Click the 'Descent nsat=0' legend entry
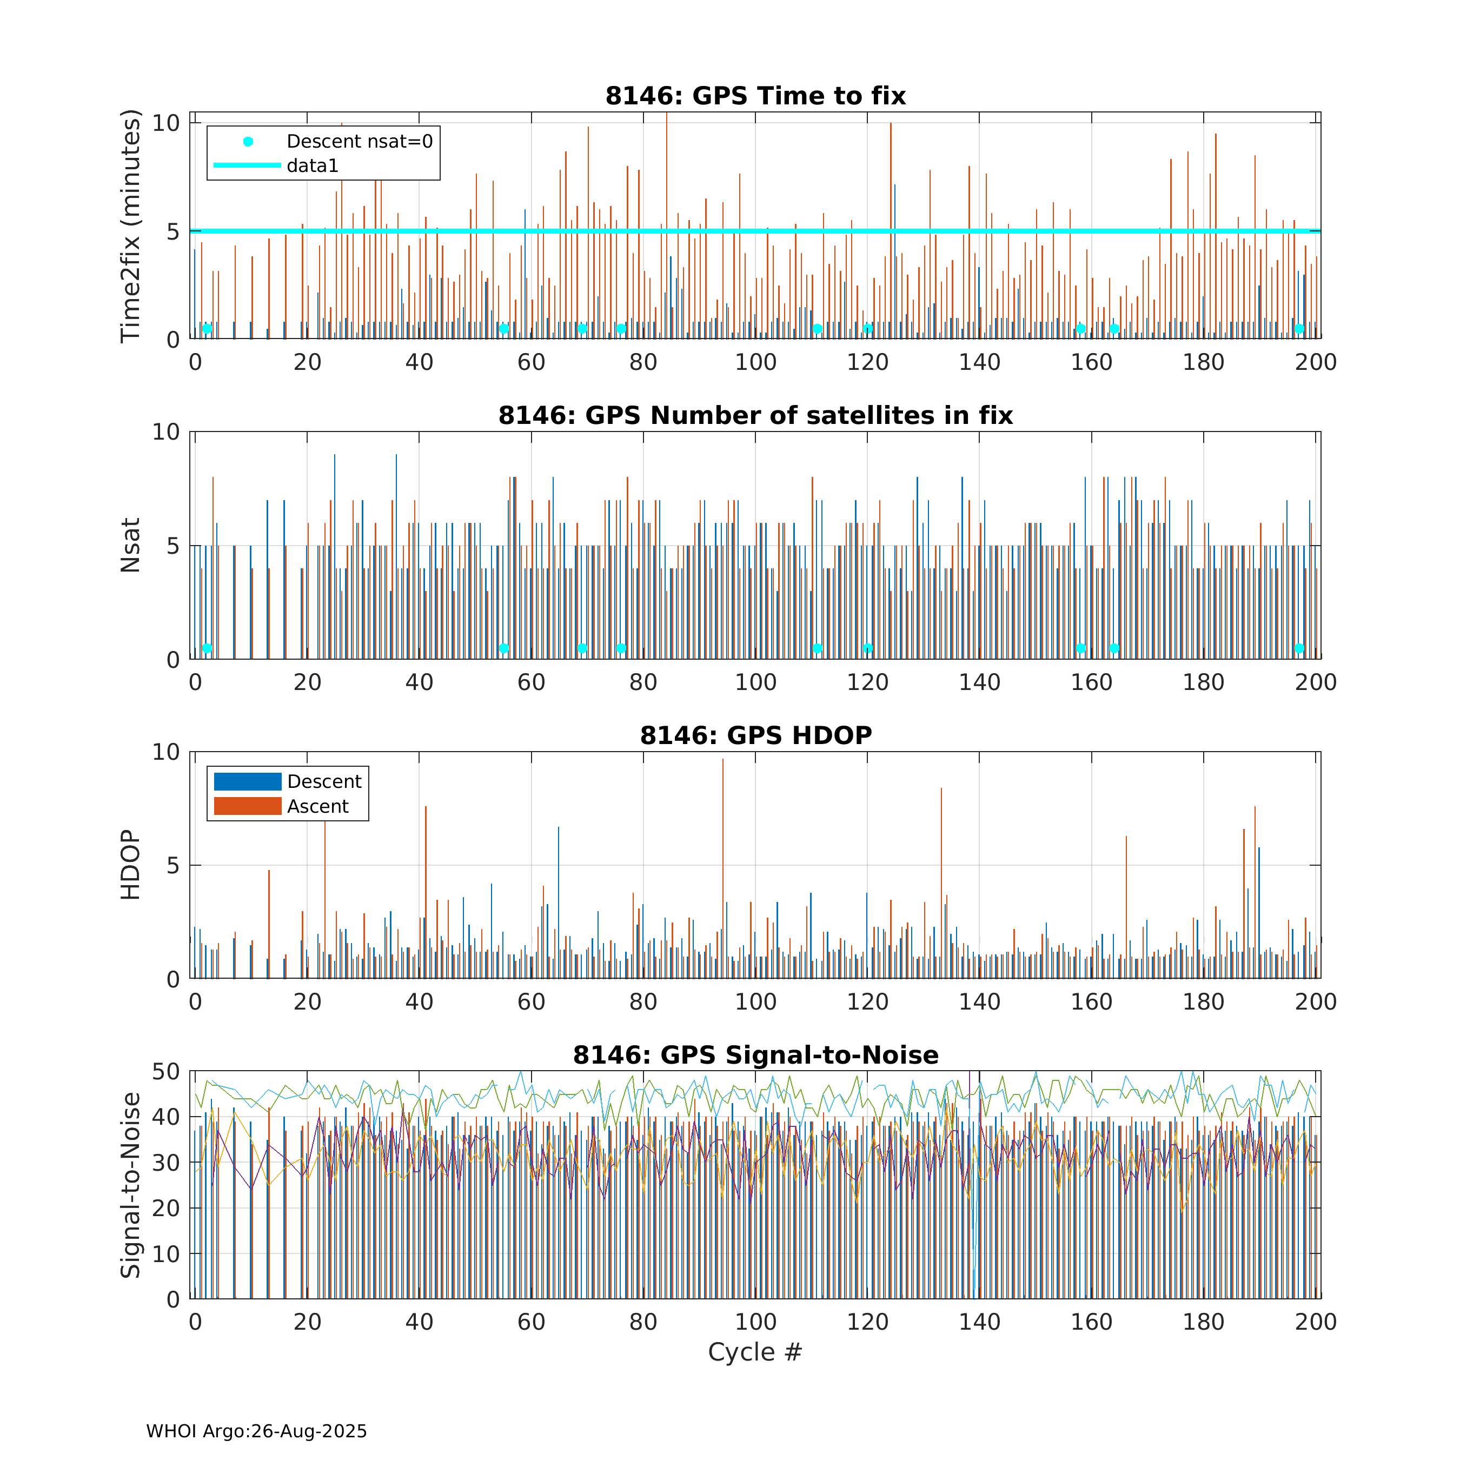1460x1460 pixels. [359, 141]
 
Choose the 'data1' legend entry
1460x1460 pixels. [312, 165]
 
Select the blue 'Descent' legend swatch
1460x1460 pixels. [247, 781]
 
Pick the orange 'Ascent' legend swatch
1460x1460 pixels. [247, 806]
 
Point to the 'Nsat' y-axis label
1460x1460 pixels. [131, 545]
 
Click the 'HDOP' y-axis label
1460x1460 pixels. [131, 865]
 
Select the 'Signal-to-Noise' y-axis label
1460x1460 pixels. [131, 1185]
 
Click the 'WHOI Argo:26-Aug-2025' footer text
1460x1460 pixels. [256, 1431]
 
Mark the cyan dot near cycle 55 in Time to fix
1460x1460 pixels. [503, 329]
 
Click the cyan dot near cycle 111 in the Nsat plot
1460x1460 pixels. [817, 648]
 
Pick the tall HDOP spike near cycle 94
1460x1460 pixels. [722, 763]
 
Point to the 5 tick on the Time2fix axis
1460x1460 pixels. [173, 231]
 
